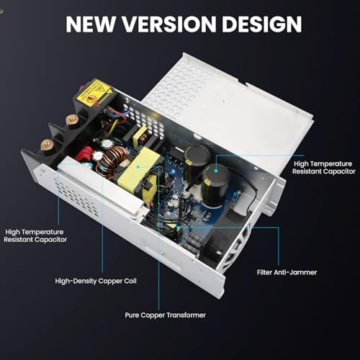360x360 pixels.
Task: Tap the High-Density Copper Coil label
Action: point(96,281)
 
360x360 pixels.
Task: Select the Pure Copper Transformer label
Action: point(165,315)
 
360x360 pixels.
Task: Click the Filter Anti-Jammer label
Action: point(287,272)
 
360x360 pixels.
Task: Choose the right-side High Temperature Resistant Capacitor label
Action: point(323,168)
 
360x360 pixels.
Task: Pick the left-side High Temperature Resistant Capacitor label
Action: point(35,235)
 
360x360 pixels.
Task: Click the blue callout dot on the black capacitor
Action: point(216,171)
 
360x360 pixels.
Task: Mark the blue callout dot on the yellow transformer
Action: point(138,166)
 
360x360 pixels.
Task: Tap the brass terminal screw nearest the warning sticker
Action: point(72,120)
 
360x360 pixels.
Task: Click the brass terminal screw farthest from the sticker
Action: point(47,145)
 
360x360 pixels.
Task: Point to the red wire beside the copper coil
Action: point(84,154)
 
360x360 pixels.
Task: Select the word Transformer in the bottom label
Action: point(186,315)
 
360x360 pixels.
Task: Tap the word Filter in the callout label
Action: point(264,272)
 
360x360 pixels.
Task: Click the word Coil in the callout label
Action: point(130,281)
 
